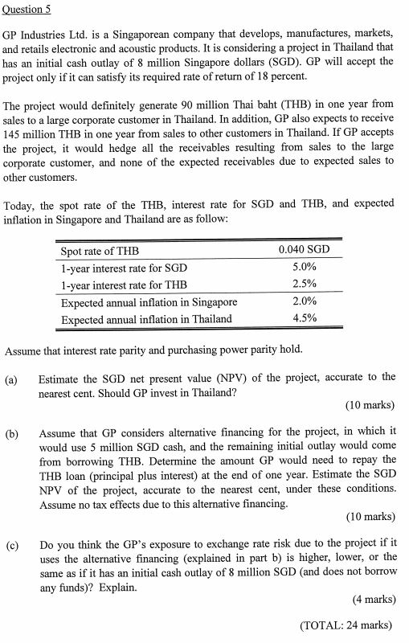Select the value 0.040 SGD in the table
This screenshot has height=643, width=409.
[304, 251]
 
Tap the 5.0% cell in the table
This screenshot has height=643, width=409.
[304, 268]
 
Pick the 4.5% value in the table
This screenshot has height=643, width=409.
[304, 318]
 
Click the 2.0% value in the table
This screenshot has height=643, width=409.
[304, 301]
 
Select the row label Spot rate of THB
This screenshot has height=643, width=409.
[100, 251]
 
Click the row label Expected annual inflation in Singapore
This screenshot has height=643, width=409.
[149, 301]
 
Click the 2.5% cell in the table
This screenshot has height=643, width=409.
[304, 285]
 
